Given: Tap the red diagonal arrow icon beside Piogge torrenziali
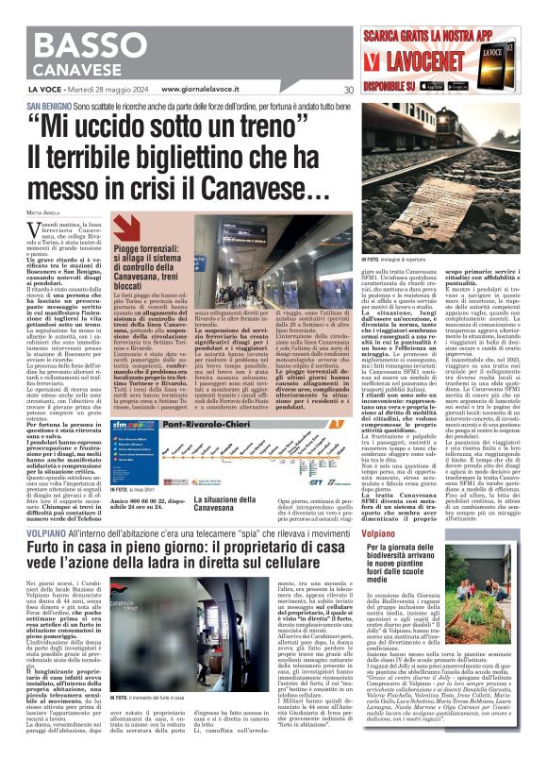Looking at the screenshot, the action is [x=124, y=226].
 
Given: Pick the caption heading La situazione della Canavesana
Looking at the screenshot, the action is [x=225, y=503].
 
